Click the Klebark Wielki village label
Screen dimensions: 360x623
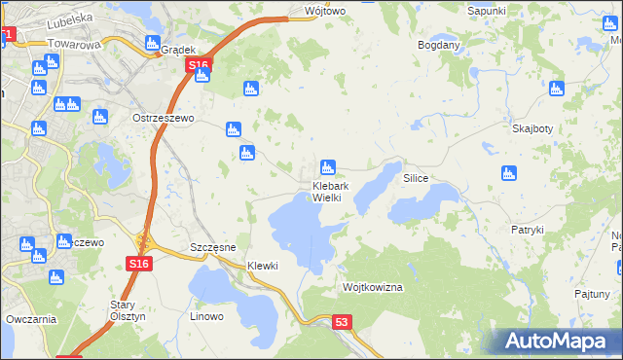pos(326,192)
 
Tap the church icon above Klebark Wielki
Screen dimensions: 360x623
pos(328,167)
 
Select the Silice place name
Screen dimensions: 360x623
pos(417,180)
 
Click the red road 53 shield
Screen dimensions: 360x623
pos(341,322)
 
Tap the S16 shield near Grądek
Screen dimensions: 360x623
pos(198,65)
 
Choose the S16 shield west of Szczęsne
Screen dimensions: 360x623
pos(139,264)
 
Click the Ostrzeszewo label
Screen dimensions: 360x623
pos(164,118)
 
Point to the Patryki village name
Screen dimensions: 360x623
pos(527,230)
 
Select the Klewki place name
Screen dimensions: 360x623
pos(263,266)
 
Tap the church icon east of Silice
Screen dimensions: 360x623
pos(507,174)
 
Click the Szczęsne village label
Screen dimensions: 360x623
pos(213,248)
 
